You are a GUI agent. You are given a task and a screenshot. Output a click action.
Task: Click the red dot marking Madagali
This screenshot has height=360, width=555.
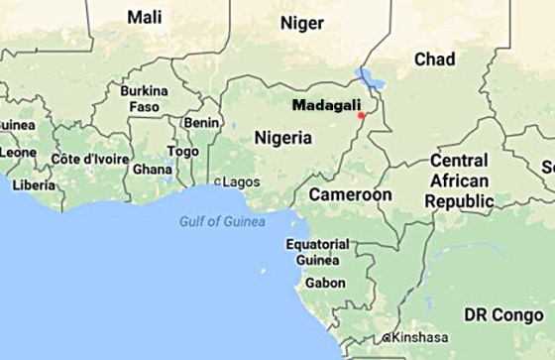click(362, 115)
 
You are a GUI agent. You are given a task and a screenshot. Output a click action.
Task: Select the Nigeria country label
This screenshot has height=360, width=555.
click(282, 138)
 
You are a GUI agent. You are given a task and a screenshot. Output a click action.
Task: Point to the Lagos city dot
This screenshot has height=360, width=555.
click(218, 182)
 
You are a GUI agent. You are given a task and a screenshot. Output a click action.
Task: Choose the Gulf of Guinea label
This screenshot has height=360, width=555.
click(222, 221)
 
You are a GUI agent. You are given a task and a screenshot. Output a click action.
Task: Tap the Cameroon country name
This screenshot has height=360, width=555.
click(350, 195)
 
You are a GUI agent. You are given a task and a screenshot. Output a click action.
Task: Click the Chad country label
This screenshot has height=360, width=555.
click(434, 60)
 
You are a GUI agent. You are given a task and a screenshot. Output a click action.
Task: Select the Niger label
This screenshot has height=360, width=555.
click(302, 23)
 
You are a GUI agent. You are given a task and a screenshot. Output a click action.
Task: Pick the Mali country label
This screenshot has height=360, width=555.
click(146, 17)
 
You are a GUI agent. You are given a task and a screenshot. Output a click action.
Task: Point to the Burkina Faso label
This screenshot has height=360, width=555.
click(144, 98)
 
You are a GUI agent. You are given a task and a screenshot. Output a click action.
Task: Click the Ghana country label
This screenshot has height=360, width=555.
click(153, 169)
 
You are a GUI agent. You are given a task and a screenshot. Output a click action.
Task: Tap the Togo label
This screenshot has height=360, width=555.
click(183, 151)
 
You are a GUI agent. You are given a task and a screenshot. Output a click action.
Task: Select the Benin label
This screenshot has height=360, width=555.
click(202, 122)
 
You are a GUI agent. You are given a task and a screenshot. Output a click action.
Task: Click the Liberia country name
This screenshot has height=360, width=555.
click(34, 184)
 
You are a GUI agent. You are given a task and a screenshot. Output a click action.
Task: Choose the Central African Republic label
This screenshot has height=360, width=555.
click(459, 180)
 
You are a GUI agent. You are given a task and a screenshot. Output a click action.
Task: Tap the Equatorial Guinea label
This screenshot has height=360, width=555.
click(317, 252)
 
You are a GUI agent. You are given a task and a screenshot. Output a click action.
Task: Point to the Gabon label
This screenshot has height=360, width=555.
click(325, 283)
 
